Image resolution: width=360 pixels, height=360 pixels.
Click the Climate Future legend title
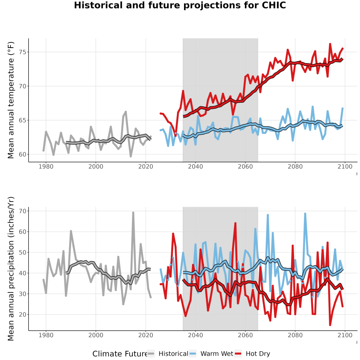pyautogui.click(x=120, y=354)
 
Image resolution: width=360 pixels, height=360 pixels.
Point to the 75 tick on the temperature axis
pyautogui.click(x=22, y=52)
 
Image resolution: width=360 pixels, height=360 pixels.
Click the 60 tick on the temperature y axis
pyautogui.click(x=22, y=154)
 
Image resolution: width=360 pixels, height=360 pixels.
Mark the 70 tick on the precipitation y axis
pyautogui.click(x=22, y=211)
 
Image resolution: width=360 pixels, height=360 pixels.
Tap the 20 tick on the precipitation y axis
pyautogui.click(x=22, y=314)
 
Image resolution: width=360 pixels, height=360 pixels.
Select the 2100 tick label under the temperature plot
pyautogui.click(x=345, y=166)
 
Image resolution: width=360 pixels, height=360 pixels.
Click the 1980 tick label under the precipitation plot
pyautogui.click(x=46, y=335)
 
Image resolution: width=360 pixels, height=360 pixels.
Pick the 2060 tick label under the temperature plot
pyautogui.click(x=245, y=166)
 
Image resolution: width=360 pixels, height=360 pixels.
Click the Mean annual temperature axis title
pyautogui.click(x=11, y=100)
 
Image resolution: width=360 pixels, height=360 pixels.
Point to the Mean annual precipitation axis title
pyautogui.click(x=11, y=269)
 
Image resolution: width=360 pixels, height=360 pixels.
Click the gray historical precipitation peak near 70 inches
pyautogui.click(x=133, y=213)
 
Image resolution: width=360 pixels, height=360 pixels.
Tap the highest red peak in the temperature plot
pyautogui.click(x=330, y=44)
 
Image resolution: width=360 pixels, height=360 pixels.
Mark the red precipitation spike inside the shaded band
pyautogui.click(x=235, y=223)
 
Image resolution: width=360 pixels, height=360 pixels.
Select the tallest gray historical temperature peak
pyautogui.click(x=126, y=112)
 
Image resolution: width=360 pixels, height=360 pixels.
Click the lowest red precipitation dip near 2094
pyautogui.click(x=330, y=325)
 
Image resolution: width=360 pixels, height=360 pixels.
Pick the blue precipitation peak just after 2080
pyautogui.click(x=305, y=214)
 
